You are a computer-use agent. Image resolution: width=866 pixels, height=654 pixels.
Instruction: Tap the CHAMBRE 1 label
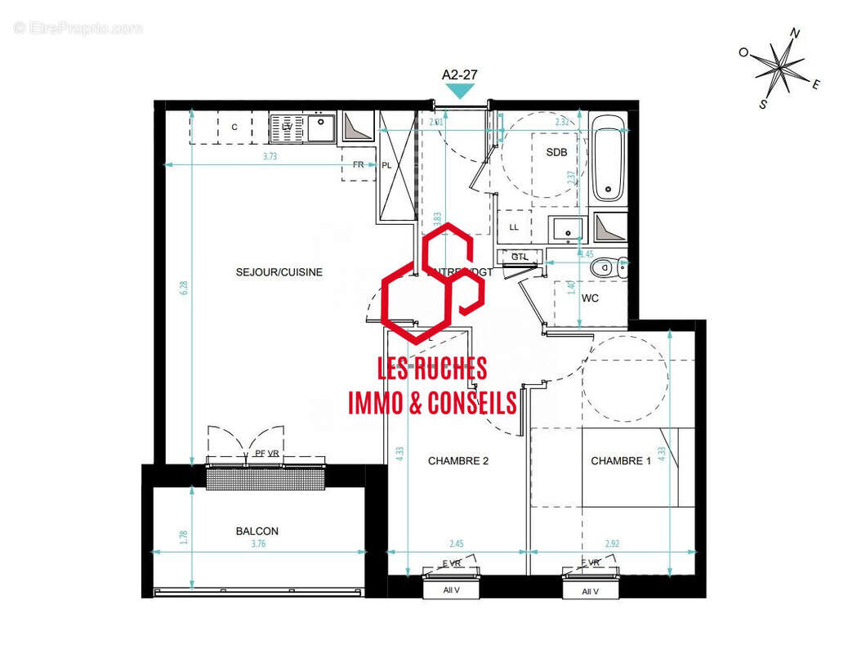[621, 461]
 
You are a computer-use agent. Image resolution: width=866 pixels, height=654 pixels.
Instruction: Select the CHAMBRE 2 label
[458, 461]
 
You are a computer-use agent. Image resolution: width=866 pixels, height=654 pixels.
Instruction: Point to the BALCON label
[257, 531]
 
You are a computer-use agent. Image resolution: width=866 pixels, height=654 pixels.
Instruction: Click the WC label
[590, 298]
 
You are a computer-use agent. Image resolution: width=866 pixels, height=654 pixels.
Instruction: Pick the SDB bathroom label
[556, 152]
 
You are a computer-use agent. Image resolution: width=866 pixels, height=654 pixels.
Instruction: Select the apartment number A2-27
[459, 74]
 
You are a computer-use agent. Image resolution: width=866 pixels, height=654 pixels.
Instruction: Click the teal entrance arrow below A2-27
[459, 90]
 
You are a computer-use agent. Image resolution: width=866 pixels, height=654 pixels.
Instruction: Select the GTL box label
[520, 257]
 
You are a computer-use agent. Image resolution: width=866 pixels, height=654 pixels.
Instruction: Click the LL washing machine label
[514, 226]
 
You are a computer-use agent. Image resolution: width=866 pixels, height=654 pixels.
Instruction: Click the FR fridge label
[358, 164]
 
